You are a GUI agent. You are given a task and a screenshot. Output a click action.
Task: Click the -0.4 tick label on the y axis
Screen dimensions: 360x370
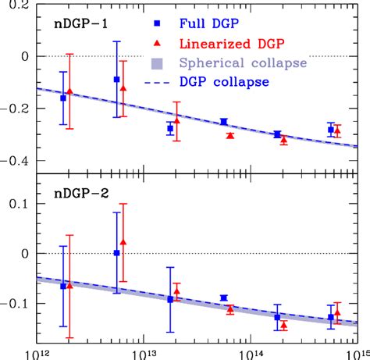pyautogui.click(x=15, y=161)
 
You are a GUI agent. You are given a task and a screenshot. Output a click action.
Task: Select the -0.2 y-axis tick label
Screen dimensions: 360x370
pyautogui.click(x=15, y=109)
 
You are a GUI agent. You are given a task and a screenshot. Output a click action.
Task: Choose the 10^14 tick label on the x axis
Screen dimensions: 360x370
pyautogui.click(x=249, y=352)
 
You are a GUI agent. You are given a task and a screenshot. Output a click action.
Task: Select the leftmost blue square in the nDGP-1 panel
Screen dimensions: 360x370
pyautogui.click(x=63, y=98)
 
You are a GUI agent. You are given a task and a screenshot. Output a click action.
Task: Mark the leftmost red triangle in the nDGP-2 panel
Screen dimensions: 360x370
pyautogui.click(x=69, y=286)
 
